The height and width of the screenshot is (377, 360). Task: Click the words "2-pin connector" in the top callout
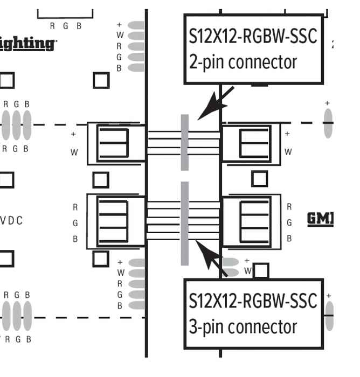point(243,62)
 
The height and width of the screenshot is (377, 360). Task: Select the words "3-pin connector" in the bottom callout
point(243,326)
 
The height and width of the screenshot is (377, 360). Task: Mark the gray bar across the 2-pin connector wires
point(185,142)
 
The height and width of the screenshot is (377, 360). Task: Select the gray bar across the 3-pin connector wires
point(185,223)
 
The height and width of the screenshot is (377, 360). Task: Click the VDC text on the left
point(11,221)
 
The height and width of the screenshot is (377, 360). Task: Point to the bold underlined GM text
point(320,219)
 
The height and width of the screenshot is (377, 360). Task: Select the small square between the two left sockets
point(101,180)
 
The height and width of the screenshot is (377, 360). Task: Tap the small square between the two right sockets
point(259,179)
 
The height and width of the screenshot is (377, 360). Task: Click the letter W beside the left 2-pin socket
point(74,152)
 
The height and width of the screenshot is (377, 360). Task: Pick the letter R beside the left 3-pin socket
point(75,207)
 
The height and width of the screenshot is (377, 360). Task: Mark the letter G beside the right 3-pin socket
point(289,222)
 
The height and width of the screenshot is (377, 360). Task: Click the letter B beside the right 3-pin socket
point(289,239)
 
